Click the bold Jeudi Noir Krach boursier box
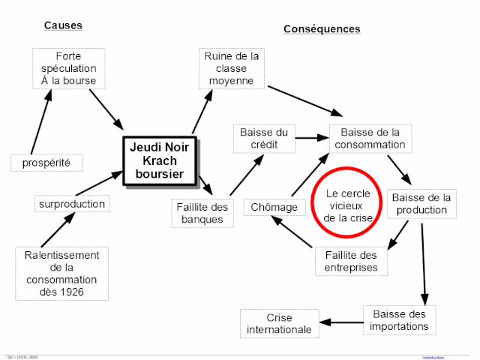click(159, 161)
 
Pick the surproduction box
click(72, 204)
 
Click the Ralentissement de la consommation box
click(62, 273)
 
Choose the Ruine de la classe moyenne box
click(232, 68)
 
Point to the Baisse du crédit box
click(263, 138)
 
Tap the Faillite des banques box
click(202, 213)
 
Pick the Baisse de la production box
click(421, 203)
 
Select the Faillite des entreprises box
click(351, 260)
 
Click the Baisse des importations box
click(398, 319)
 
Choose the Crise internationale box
click(278, 323)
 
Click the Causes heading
click(63, 25)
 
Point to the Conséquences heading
click(322, 29)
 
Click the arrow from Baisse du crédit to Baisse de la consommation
click(311, 138)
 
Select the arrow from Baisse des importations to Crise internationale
click(341, 322)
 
